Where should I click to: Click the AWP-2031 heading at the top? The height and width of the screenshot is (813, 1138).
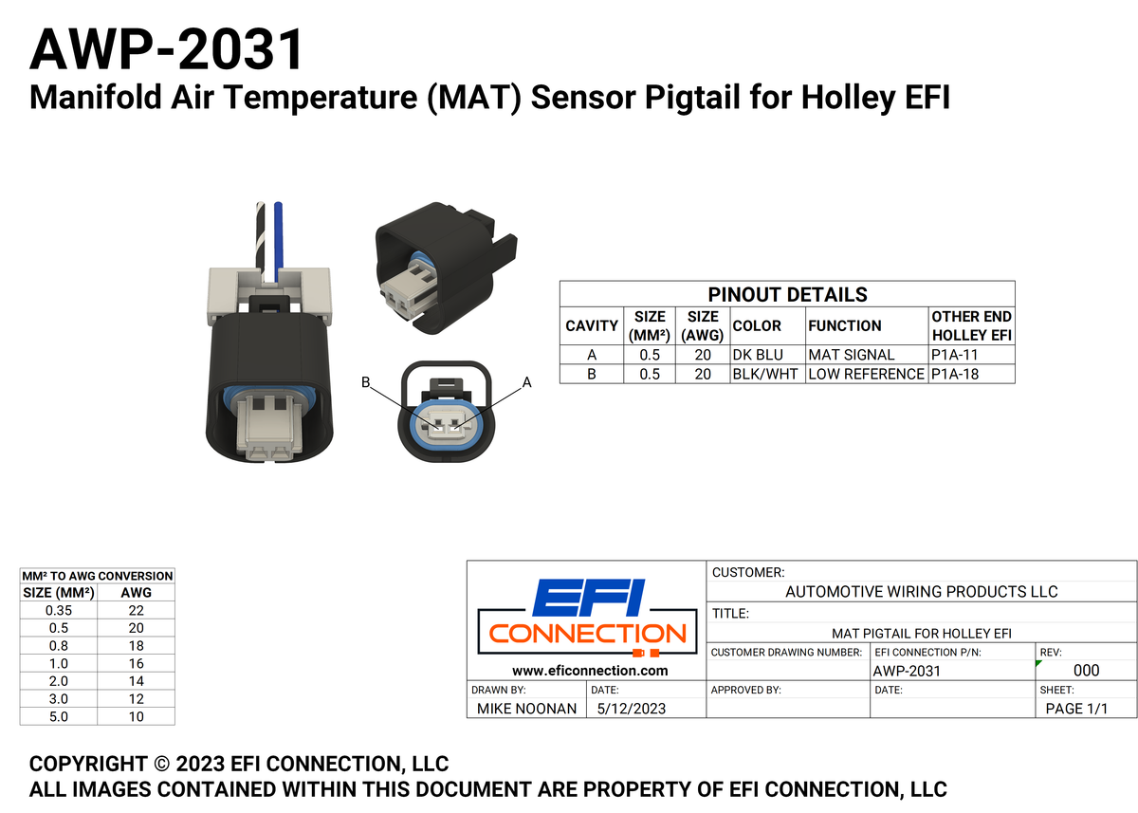(x=167, y=49)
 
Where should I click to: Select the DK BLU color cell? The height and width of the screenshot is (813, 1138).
(x=758, y=355)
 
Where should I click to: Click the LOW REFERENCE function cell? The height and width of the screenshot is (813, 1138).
(x=866, y=374)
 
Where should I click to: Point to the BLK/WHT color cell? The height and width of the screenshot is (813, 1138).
(x=765, y=374)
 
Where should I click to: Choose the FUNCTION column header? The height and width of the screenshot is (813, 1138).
(x=844, y=325)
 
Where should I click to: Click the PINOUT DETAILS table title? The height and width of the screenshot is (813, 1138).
(x=787, y=294)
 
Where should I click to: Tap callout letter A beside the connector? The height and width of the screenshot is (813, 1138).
(x=527, y=382)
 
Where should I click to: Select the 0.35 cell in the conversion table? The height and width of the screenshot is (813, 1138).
(x=58, y=610)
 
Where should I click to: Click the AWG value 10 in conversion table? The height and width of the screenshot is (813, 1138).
(x=137, y=716)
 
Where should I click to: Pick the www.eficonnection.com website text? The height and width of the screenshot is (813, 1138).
(x=590, y=670)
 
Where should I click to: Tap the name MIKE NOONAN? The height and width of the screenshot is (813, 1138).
(x=526, y=709)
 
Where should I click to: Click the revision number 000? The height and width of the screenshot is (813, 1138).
(x=1086, y=671)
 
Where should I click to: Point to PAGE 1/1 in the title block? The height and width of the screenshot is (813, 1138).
(x=1075, y=709)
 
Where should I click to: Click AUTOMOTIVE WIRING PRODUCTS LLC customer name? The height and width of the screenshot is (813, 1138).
(x=922, y=591)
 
